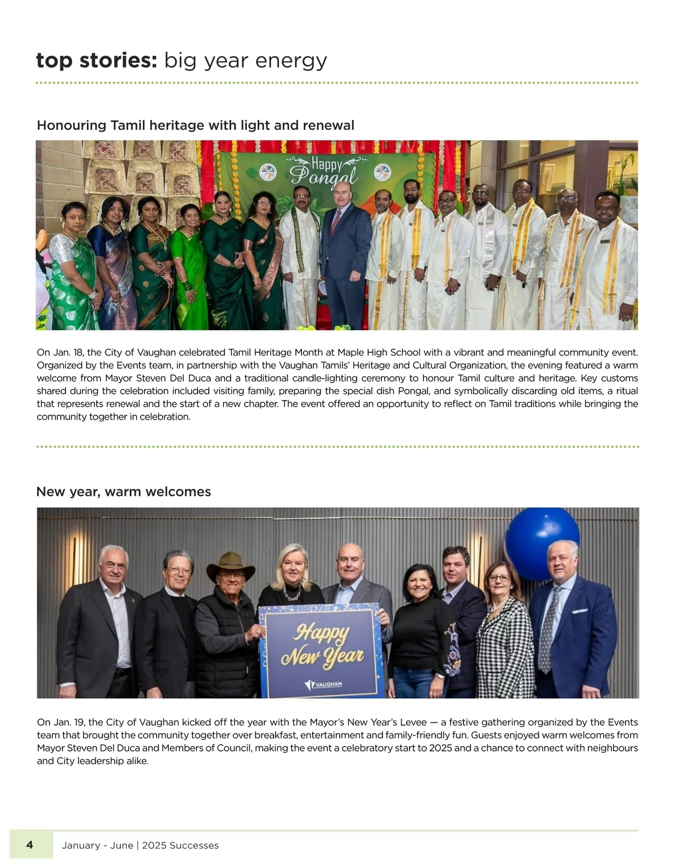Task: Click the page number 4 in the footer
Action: click(30, 844)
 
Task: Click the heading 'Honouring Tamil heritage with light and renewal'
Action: click(195, 125)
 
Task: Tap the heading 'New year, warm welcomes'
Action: click(123, 492)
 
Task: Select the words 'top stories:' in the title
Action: click(96, 60)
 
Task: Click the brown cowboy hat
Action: click(230, 565)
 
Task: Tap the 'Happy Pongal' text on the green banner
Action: click(325, 172)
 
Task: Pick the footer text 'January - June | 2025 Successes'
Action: click(140, 845)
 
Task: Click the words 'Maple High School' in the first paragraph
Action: click(379, 353)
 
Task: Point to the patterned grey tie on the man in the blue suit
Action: click(546, 630)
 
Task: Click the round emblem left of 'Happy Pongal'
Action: click(268, 171)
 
